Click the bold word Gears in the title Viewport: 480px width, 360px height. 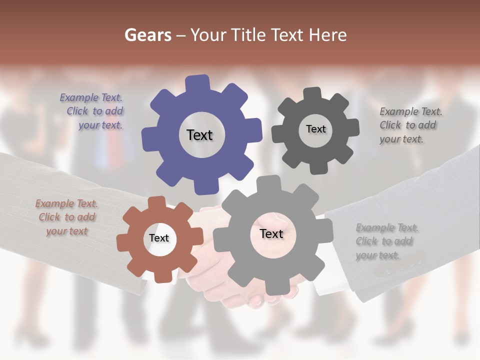[147, 35]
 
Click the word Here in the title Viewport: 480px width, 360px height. [327, 35]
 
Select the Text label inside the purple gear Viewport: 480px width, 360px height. [199, 135]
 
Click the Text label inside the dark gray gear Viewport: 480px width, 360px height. [315, 129]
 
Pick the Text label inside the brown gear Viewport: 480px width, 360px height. [158, 238]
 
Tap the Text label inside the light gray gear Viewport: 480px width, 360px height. [271, 234]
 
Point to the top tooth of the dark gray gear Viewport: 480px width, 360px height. [312, 94]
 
